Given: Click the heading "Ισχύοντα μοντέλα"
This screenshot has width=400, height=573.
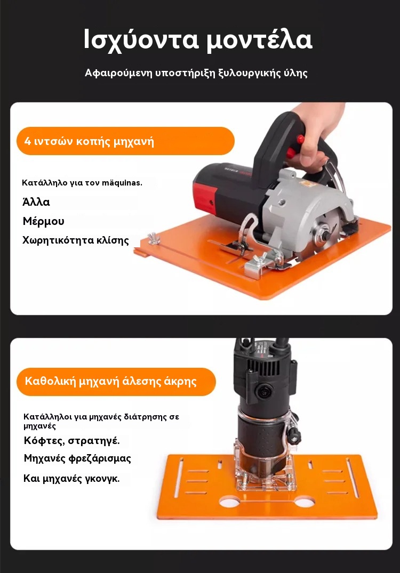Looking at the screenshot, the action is click(x=198, y=39).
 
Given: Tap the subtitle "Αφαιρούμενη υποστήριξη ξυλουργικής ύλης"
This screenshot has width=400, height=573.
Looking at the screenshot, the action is click(x=196, y=72).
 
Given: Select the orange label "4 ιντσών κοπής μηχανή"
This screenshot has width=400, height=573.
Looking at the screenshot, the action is click(x=125, y=141).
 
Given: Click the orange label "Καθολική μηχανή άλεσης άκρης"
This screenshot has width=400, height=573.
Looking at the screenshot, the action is click(x=116, y=382).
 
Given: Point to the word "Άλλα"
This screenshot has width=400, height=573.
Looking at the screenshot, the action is click(x=36, y=201).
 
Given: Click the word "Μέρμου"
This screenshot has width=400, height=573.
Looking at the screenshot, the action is click(x=44, y=221).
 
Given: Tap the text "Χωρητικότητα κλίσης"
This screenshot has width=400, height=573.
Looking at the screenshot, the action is click(x=76, y=240).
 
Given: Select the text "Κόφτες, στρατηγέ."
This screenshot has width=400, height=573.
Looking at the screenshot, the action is click(x=71, y=440).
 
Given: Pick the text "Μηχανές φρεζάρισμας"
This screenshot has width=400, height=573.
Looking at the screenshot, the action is click(x=77, y=458).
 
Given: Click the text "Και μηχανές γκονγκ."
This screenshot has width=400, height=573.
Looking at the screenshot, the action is click(x=71, y=478).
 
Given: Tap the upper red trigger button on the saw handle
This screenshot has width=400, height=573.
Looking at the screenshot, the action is click(x=301, y=139).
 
